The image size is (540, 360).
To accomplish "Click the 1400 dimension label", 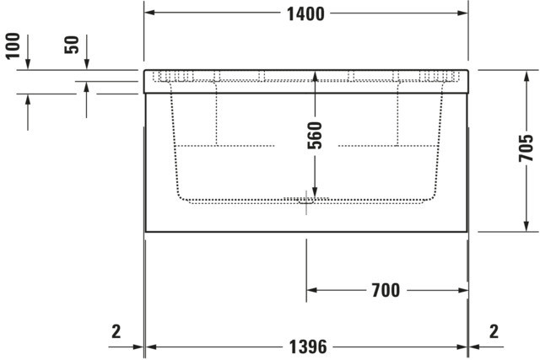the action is [305, 14].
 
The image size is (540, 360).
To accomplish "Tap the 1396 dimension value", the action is [307, 347].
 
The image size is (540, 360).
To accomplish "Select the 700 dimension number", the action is [386, 290].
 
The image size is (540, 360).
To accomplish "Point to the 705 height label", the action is [526, 148].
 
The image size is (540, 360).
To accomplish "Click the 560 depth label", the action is [315, 135].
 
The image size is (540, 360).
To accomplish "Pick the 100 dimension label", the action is [13, 46].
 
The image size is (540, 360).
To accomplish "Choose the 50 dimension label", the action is [72, 45].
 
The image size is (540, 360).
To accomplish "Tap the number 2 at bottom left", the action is [116, 331].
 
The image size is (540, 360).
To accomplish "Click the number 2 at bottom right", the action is [494, 331].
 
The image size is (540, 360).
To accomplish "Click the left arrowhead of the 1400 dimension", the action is [148, 13].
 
